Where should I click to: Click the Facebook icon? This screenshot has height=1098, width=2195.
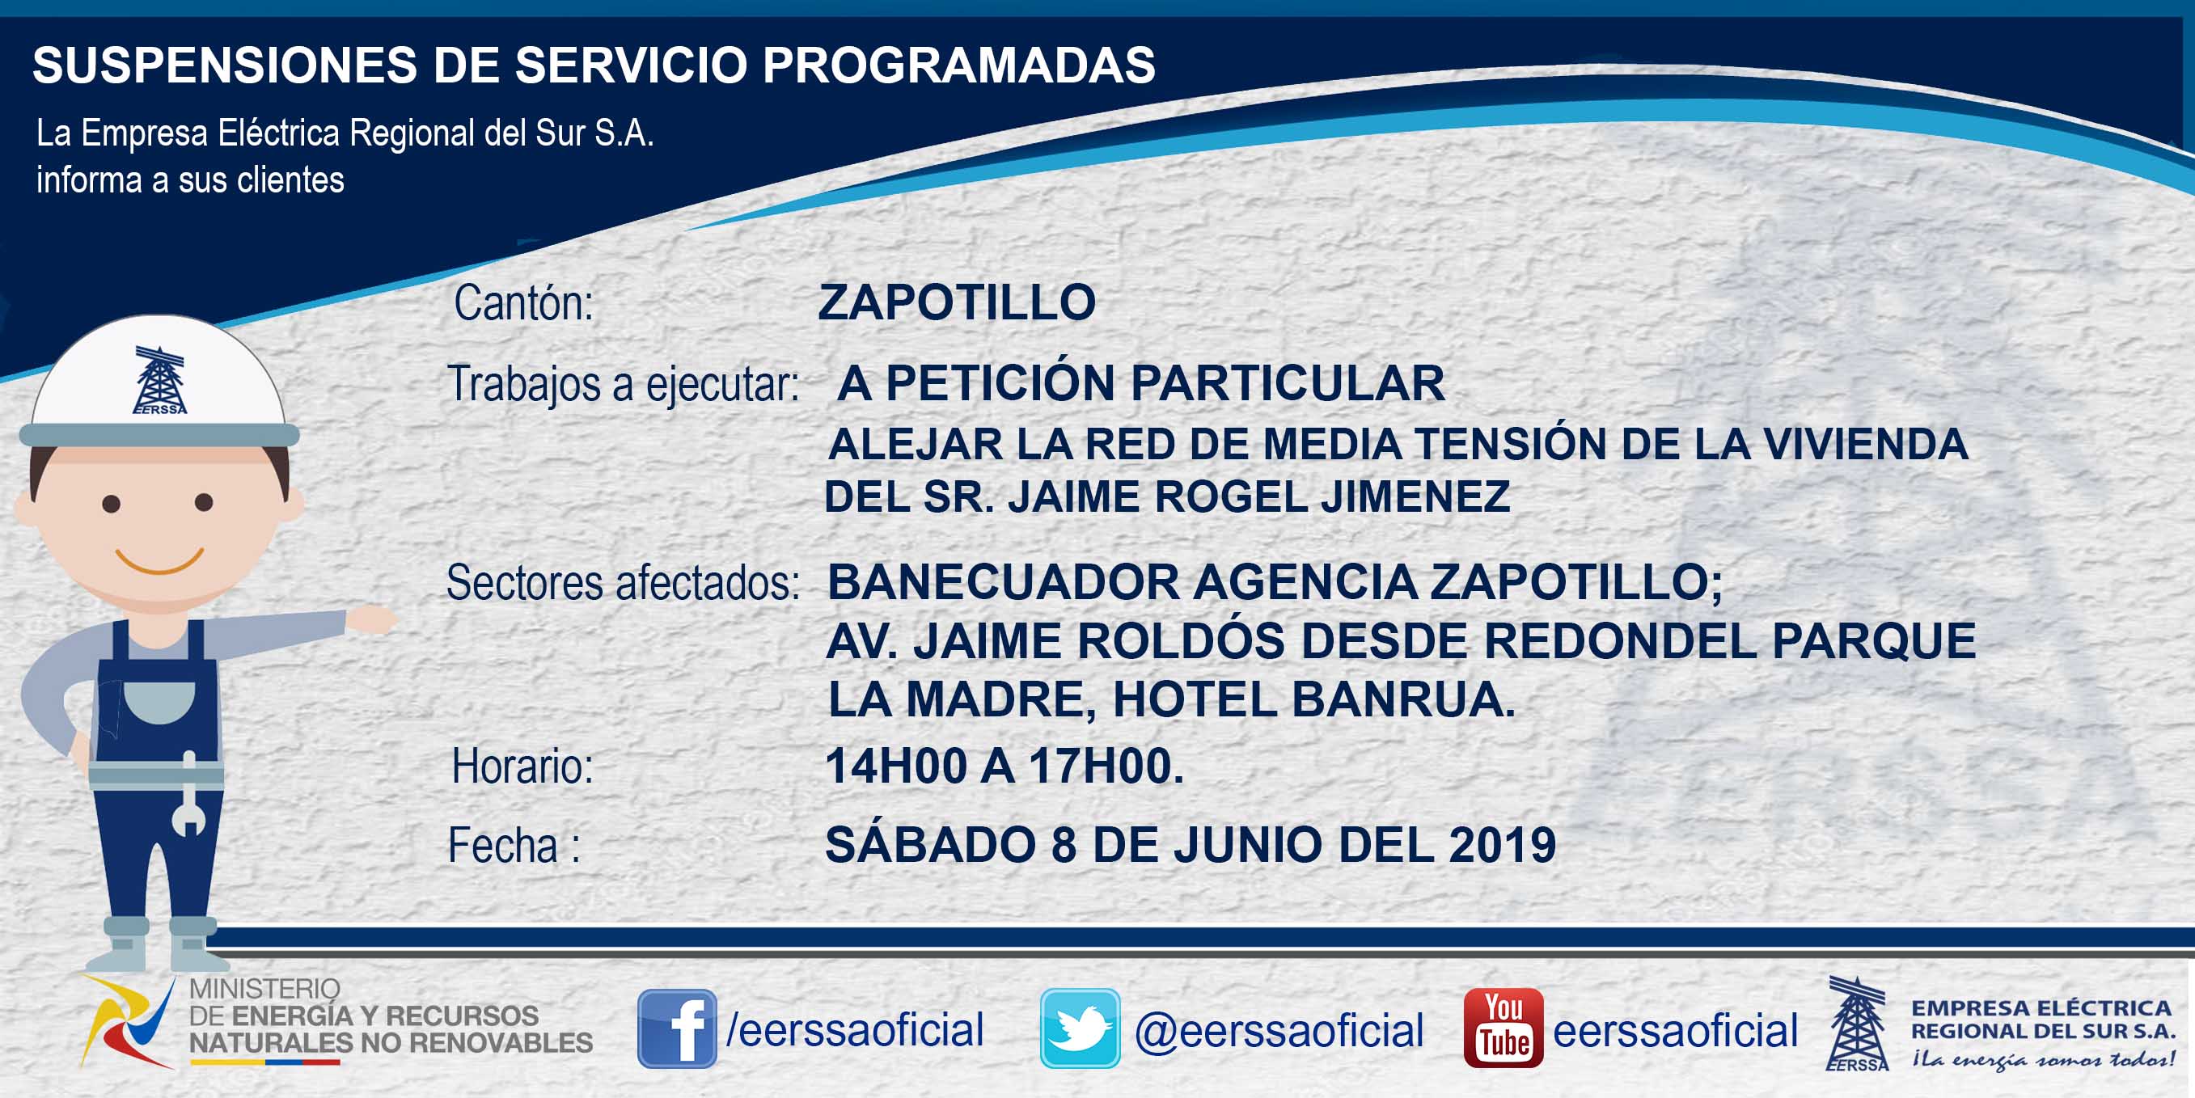point(677,1028)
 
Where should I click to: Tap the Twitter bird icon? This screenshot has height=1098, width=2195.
point(1080,1028)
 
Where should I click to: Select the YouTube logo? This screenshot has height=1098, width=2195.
point(1503,1028)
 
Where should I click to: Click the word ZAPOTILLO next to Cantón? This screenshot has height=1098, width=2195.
point(957,302)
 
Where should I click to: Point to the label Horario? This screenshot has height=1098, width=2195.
point(522,766)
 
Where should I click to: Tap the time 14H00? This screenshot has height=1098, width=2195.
point(896,766)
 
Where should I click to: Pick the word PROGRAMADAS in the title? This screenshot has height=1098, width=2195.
point(958,65)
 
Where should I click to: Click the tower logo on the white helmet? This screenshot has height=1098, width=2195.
point(159,380)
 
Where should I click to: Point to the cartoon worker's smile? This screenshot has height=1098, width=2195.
point(159,560)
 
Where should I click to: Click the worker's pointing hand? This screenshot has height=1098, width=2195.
point(373,619)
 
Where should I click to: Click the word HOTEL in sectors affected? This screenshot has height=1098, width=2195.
point(1194,699)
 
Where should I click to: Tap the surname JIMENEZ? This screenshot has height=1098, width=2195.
point(1415,496)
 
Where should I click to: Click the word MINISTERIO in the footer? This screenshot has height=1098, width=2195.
point(264,989)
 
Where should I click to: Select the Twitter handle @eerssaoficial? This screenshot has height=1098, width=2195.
point(1279,1030)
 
